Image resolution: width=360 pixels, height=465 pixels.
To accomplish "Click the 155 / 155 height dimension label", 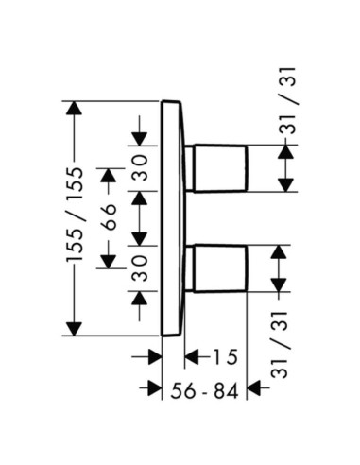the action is (75, 215).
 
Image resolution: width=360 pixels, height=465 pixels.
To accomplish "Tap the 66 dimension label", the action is (108, 217).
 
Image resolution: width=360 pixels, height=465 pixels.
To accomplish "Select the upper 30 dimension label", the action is (140, 168).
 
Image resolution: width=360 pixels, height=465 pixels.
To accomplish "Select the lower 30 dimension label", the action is (140, 268).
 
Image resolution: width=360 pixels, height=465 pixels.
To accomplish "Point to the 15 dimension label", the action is (225, 357).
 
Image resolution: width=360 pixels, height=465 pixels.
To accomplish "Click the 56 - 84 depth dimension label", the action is (204, 391).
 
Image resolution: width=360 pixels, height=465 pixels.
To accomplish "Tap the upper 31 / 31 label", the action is (288, 101).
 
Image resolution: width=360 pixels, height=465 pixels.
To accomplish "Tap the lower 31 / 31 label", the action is (280, 345).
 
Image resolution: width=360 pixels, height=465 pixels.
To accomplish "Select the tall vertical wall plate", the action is (172, 218).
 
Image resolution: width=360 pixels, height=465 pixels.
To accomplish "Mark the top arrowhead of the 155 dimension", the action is (74, 108).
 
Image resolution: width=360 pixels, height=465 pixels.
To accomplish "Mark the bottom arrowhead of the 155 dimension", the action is (74, 329).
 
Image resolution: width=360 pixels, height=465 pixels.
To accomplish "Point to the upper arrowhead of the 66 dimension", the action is (108, 175).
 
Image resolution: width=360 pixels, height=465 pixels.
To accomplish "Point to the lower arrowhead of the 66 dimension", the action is (108, 262).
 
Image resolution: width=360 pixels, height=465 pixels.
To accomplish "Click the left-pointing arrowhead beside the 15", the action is (192, 357).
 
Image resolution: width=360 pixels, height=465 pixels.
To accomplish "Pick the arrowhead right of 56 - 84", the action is (254, 387).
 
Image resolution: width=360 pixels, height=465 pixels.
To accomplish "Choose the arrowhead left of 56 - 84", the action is (154, 387).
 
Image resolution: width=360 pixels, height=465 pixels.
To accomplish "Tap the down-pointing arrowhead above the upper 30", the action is (140, 139).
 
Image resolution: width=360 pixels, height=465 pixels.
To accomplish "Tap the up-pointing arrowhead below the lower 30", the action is (140, 298).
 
